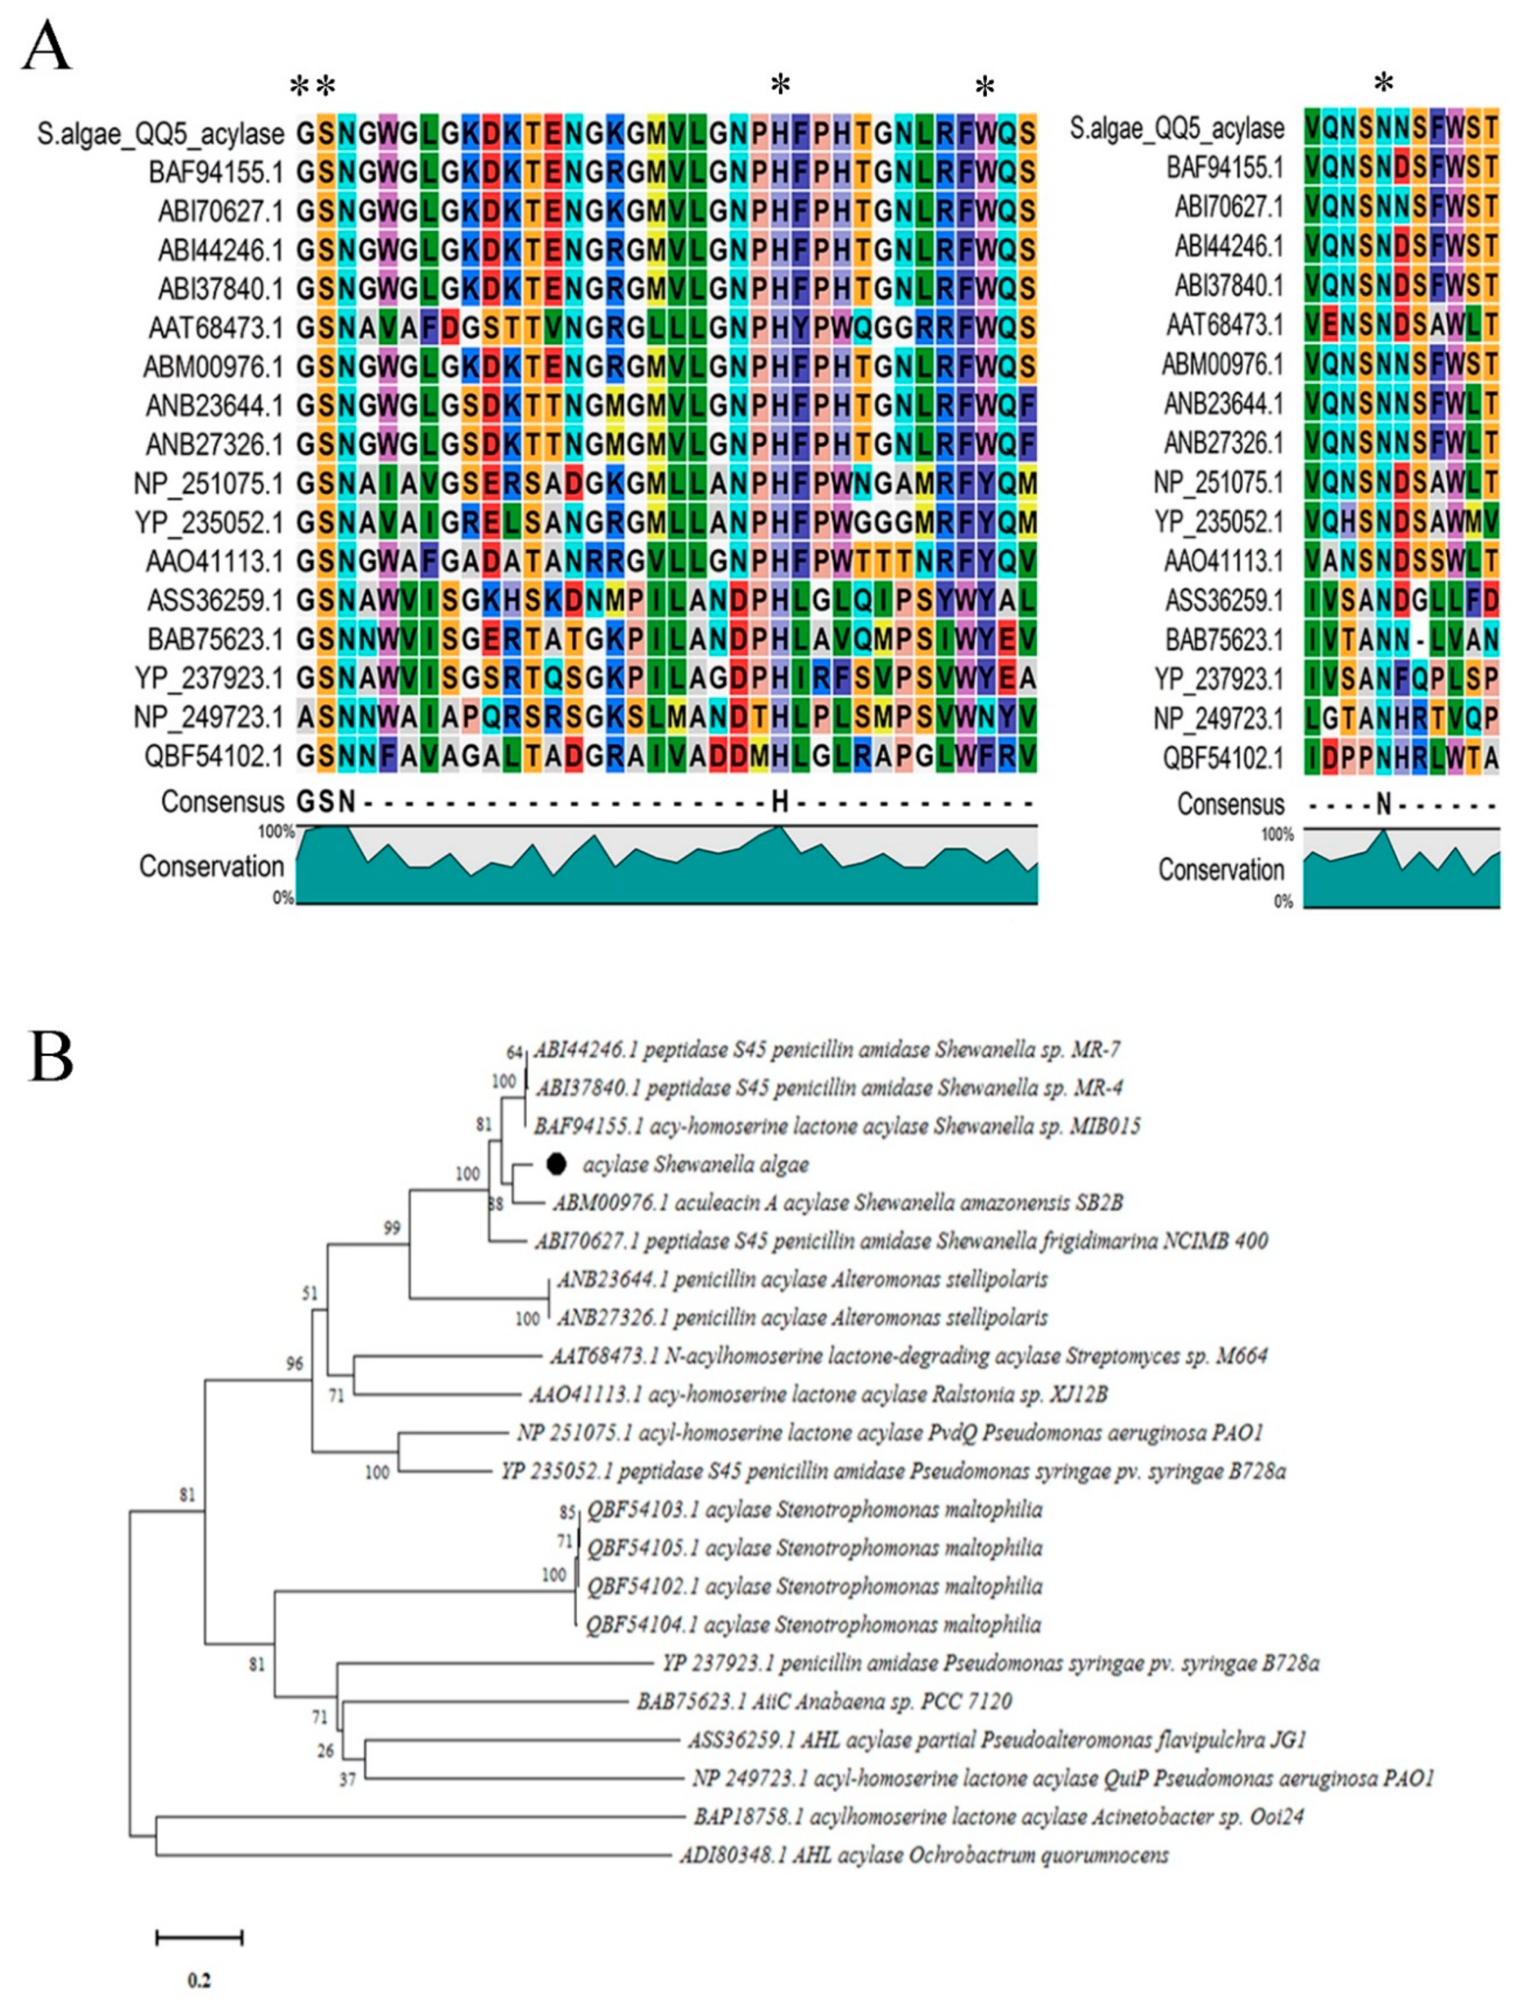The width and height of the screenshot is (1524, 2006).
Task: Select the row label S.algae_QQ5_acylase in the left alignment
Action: pos(161,133)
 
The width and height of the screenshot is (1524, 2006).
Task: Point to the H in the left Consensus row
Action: pos(779,802)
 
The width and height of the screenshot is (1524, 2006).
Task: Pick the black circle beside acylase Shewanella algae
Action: pos(557,1163)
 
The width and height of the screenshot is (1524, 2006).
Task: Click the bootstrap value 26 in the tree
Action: pos(324,1750)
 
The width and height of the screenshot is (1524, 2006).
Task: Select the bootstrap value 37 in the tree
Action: pos(347,1780)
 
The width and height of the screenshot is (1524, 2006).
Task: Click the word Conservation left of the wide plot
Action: pos(211,867)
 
